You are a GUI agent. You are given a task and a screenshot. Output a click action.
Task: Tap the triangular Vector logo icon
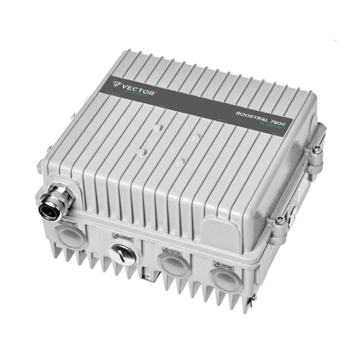point(117,84)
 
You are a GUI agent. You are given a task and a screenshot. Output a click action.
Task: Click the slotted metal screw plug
point(122,253)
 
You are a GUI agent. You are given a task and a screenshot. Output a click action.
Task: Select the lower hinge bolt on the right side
point(280,220)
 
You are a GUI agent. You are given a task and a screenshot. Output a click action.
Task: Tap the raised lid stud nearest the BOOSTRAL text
point(195,137)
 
